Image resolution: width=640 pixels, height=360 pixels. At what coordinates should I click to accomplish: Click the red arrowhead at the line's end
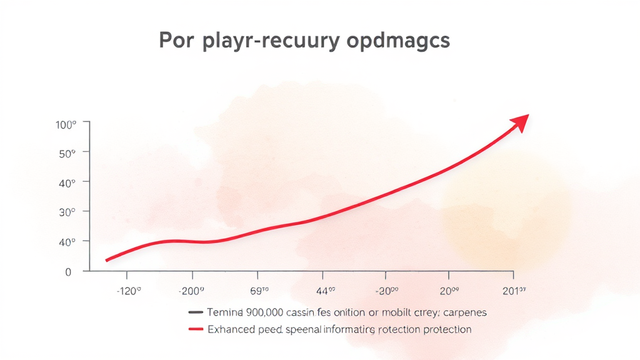520,122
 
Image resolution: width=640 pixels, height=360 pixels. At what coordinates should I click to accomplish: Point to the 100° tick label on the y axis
66,124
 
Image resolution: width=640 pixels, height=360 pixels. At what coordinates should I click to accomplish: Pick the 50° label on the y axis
67,152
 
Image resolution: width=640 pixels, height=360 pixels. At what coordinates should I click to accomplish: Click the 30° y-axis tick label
67,212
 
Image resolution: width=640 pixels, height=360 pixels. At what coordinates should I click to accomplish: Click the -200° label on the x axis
192,291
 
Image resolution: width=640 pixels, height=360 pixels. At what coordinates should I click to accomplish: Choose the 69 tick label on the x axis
258,291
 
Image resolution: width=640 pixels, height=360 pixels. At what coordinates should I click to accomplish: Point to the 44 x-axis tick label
324,291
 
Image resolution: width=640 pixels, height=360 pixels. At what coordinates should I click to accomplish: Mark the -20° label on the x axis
387,291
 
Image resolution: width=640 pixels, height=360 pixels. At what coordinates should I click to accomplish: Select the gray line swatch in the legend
196,311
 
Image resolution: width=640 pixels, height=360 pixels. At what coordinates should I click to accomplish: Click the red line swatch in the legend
196,329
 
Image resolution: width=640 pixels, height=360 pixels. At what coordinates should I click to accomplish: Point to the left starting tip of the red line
107,260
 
